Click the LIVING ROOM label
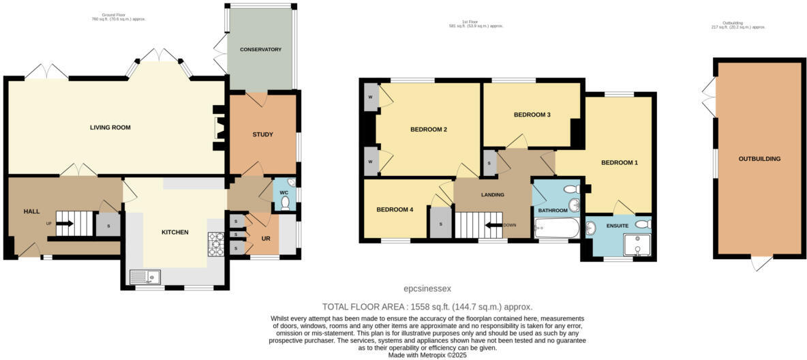pos(110,127)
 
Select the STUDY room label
pos(262,134)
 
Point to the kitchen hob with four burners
pos(216,244)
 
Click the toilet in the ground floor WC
pos(285,202)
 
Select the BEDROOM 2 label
pos(428,130)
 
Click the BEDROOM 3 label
pos(532,115)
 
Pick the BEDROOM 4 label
pos(395,209)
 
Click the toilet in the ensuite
pos(641,224)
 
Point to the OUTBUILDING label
pos(759,159)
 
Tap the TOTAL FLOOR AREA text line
pos(427,307)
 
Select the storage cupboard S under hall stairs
pos(108,226)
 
